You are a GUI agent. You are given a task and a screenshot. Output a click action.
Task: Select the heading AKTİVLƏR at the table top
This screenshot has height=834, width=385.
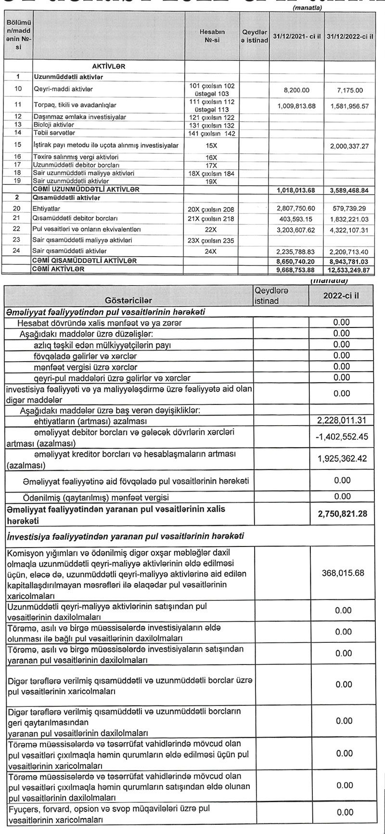[x=108, y=66]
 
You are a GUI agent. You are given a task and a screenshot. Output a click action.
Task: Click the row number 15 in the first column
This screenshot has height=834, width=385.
[x=18, y=145]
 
